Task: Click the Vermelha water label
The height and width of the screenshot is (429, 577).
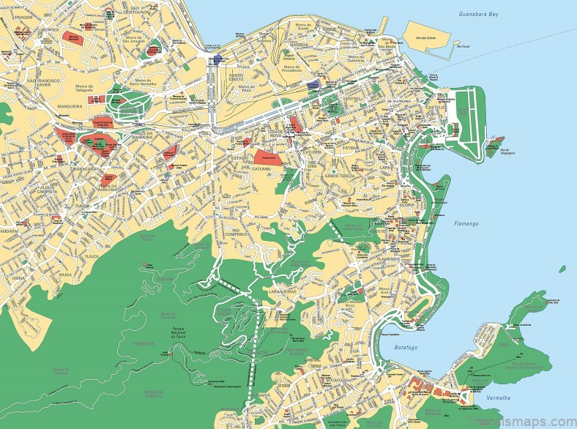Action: (x=499, y=399)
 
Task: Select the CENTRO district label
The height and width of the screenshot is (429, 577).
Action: (x=352, y=98)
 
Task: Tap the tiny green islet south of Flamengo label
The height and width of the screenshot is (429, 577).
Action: (x=562, y=269)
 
